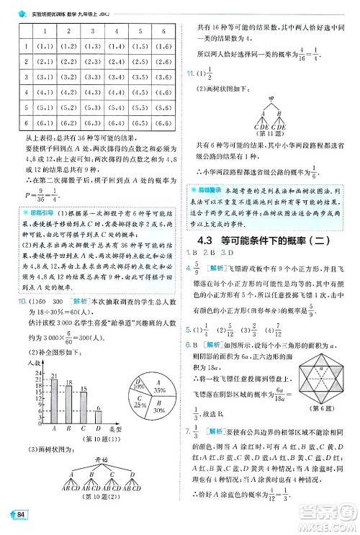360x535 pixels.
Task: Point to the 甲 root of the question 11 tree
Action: pos(271,98)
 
